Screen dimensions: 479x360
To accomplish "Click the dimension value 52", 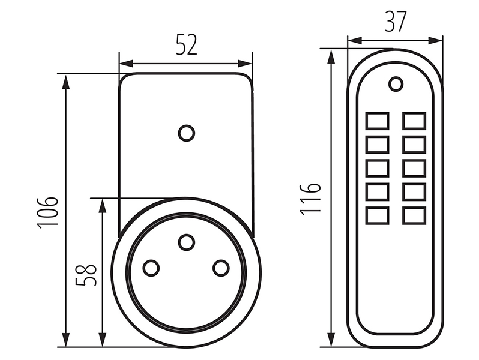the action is (x=187, y=44).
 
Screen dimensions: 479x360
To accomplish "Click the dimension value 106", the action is (x=47, y=213).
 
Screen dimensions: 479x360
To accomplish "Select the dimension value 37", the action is (x=396, y=22).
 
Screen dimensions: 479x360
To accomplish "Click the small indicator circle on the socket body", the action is (x=186, y=133).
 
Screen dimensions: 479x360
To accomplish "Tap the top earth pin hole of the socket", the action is (x=186, y=242).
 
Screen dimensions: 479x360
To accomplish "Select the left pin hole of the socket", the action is (x=151, y=268).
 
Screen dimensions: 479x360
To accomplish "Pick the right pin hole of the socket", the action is (x=221, y=268).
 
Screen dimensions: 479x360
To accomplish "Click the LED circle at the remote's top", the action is (x=396, y=84).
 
